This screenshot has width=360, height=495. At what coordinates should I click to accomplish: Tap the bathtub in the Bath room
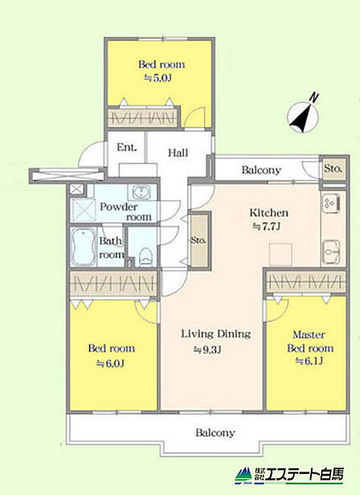[x=84, y=247]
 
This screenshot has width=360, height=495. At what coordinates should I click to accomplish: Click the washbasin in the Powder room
[x=141, y=191]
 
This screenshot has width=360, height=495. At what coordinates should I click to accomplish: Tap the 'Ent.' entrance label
[x=127, y=147]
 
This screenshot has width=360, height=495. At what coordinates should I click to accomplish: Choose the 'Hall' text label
[x=178, y=153]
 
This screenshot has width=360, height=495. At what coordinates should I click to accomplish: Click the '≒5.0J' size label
[x=157, y=78]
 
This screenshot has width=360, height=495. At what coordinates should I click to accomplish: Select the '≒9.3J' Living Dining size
[x=207, y=350]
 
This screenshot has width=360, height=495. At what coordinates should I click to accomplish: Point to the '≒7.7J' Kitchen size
[x=267, y=227]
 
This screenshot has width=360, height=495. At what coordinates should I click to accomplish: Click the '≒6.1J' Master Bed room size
[x=309, y=361]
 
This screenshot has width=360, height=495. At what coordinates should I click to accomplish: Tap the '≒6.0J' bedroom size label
[x=110, y=363]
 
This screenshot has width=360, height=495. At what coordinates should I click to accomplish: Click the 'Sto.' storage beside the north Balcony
[x=333, y=168]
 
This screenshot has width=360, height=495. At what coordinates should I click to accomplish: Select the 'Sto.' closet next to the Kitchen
[x=198, y=240]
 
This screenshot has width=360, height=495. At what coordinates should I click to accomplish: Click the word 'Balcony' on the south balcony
[x=215, y=432]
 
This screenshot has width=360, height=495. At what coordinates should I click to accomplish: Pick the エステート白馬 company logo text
[x=304, y=474]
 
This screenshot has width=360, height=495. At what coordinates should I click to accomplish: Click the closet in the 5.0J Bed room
[x=142, y=117]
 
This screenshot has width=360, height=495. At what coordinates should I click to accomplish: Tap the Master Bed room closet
[x=305, y=281]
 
